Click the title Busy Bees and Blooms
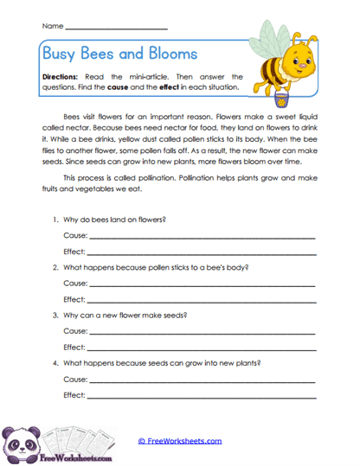point(119,54)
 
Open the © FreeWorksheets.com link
point(180,440)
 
